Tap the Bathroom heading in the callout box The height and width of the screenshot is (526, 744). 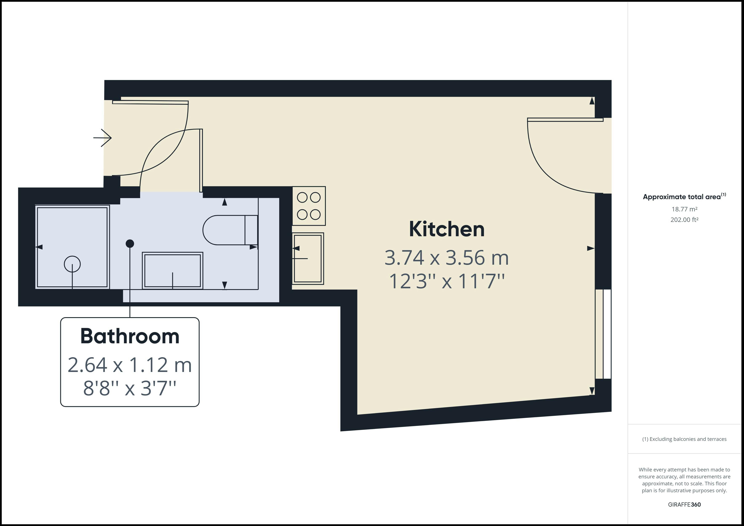[130, 336]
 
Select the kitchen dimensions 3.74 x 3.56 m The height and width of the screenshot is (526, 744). [446, 258]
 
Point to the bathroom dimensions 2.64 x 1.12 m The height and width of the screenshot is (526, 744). [130, 365]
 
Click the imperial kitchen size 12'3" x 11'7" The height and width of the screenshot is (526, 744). [446, 281]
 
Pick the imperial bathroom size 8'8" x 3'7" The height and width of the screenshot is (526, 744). [130, 388]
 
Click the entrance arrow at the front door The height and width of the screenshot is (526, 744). [102, 138]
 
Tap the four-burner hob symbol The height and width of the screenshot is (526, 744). [309, 206]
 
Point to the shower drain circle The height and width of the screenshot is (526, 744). [72, 264]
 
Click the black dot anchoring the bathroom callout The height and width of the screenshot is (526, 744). [130, 244]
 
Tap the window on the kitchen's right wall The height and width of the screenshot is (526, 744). [603, 334]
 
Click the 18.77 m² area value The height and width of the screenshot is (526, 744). [684, 209]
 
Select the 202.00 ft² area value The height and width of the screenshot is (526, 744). [684, 220]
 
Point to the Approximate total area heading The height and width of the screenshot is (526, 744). [684, 197]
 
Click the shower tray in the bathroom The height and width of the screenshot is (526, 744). [72, 247]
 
